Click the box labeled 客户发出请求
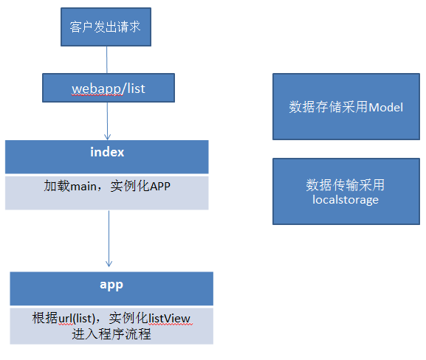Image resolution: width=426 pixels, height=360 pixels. click(106, 27)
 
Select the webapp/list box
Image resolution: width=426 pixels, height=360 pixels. click(109, 88)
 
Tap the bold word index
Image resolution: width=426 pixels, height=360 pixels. click(107, 152)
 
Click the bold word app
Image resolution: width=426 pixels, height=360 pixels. click(111, 285)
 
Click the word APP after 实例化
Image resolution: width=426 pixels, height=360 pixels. click(160, 187)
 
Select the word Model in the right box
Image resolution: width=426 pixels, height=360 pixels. click(386, 107)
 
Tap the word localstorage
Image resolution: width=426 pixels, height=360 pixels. click(346, 200)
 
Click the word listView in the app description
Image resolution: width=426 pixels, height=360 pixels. click(169, 318)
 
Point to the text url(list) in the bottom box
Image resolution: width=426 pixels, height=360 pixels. click(77, 318)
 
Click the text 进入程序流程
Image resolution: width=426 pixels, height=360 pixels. click(111, 334)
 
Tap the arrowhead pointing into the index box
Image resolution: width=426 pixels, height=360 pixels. click(108, 136)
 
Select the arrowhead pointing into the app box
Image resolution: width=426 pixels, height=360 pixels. click(109, 263)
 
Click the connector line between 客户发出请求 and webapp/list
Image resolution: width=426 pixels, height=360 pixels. click(107, 60)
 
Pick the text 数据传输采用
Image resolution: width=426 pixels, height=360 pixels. click(346, 185)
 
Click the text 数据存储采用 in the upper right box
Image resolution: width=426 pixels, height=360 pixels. click(329, 107)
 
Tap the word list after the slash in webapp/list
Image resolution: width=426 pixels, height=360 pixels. click(136, 89)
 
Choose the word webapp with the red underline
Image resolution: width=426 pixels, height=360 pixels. click(97, 89)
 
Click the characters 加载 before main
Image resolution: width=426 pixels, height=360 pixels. click(57, 186)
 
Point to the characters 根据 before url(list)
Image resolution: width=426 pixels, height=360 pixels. click(45, 318)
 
